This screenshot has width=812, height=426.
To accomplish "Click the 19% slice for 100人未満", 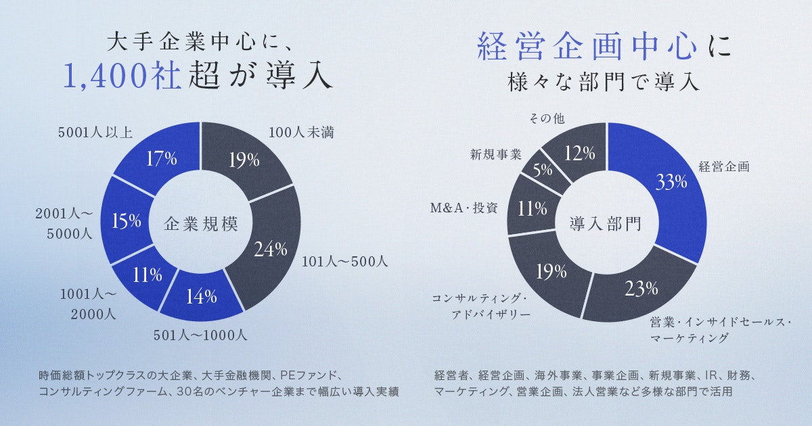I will pos(244,160).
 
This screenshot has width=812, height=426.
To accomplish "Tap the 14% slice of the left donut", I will pos(202,295).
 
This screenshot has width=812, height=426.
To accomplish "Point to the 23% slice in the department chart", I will pos(641,289).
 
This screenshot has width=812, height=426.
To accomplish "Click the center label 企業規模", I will pos(201,224).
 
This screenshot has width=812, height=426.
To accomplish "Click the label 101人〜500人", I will pos(344,260).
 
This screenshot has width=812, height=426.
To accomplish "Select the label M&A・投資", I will pos(464,208).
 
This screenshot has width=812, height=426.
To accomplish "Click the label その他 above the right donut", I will pos(545,119).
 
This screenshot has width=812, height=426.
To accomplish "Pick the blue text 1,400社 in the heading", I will pos(122,76).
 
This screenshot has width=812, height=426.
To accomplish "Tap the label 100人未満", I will pos(301,133).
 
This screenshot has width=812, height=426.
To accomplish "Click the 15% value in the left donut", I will pos(127,221).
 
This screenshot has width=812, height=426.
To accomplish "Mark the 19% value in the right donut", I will pos(551,272).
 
